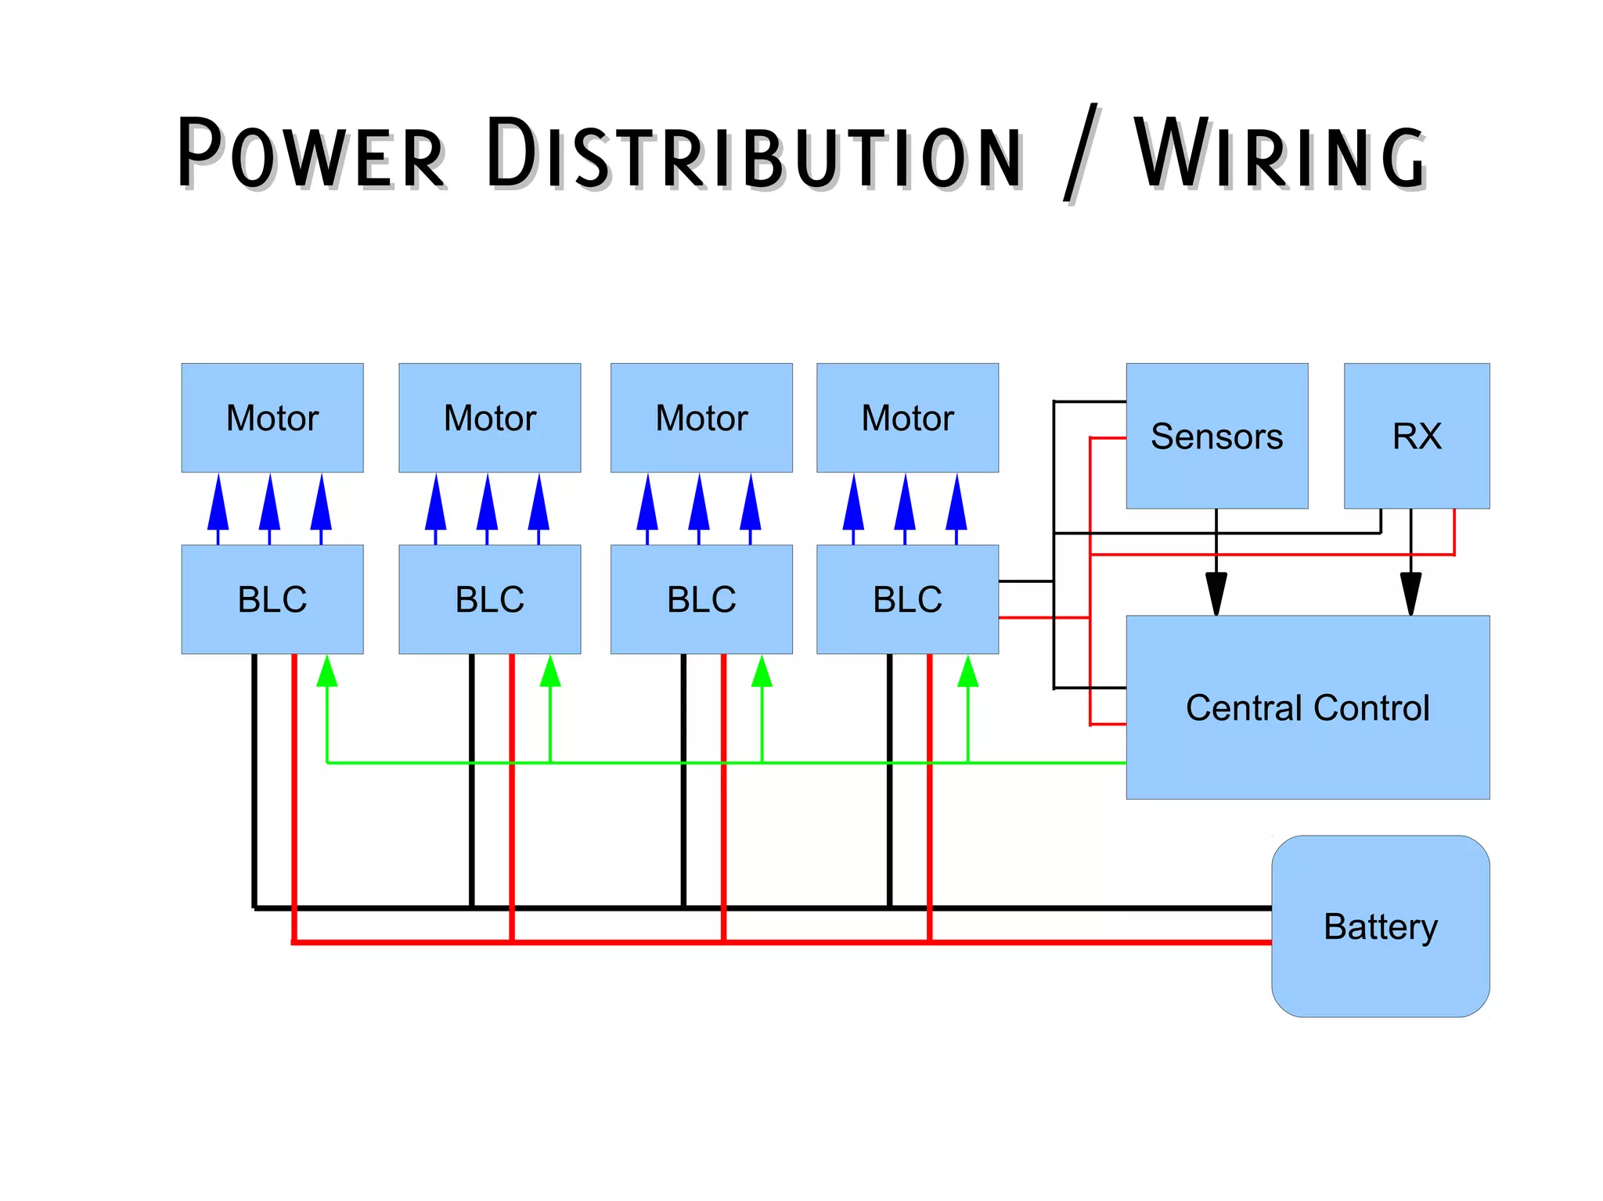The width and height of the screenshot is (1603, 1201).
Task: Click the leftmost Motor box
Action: [x=272, y=417]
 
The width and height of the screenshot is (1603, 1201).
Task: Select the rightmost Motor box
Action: [x=907, y=417]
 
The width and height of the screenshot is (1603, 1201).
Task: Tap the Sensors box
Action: [x=1216, y=436]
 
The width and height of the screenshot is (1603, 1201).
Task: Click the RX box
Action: [x=1416, y=436]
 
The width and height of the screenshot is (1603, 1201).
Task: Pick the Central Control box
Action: [x=1307, y=707]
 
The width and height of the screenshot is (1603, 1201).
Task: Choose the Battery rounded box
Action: [x=1380, y=926]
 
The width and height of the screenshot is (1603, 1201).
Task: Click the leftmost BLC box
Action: [x=272, y=599]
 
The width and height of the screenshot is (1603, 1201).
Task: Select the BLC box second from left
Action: [x=489, y=599]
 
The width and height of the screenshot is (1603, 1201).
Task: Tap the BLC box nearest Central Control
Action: [x=907, y=599]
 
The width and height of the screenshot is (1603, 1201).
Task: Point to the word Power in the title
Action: [x=311, y=154]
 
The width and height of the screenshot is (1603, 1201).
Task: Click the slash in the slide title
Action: [x=1081, y=154]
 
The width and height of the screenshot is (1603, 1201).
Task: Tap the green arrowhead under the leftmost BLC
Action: [x=326, y=672]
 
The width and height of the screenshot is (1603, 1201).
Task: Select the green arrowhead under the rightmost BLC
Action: [x=968, y=672]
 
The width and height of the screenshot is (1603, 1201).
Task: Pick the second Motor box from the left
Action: [x=489, y=417]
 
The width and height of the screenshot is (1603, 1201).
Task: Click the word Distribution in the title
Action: [x=753, y=154]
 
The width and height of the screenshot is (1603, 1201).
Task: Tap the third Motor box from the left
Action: [x=701, y=417]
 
